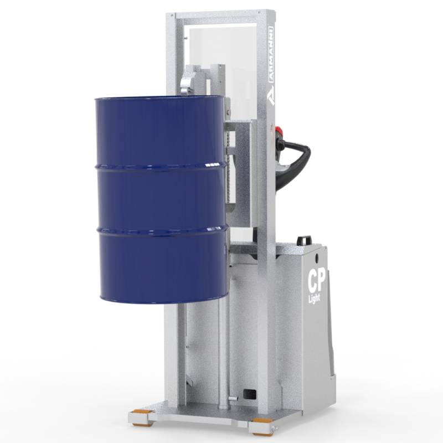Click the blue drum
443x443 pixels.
pyautogui.click(x=161, y=199)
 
